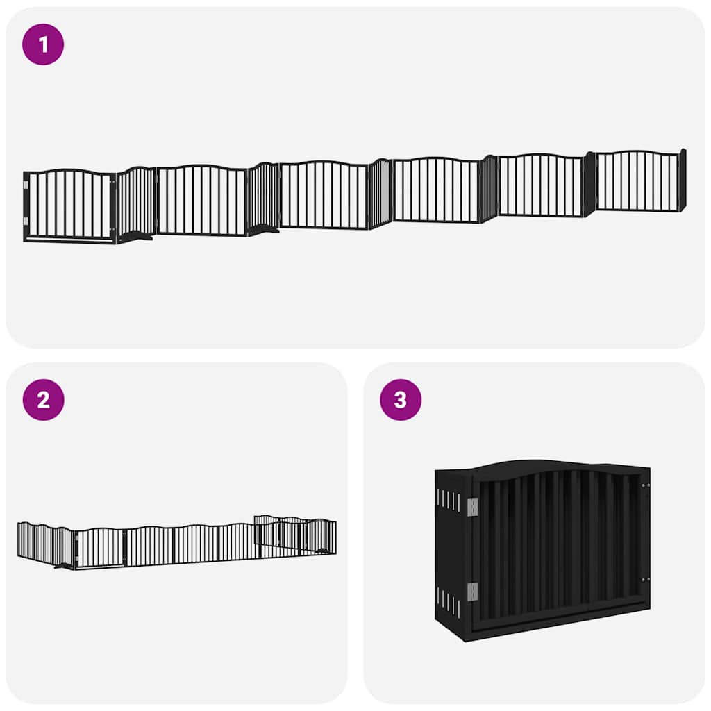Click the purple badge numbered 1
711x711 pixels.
click(x=43, y=44)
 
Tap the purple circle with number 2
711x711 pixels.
click(x=43, y=400)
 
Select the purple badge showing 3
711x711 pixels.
click(x=401, y=400)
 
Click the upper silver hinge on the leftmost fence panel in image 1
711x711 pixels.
click(x=26, y=185)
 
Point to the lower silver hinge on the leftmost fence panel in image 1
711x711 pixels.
click(x=26, y=221)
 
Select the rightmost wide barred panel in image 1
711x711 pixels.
click(x=637, y=181)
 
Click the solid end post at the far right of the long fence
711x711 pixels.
click(x=683, y=179)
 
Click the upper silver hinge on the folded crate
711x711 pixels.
click(x=473, y=507)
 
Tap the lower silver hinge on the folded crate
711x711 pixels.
click(x=473, y=592)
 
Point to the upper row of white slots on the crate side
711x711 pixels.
click(x=449, y=500)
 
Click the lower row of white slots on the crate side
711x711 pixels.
click(x=449, y=601)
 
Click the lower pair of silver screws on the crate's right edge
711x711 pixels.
click(x=646, y=578)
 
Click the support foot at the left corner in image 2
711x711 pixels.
click(x=64, y=566)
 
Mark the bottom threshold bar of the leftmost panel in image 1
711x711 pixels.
click(x=69, y=240)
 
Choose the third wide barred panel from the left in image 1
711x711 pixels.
click(x=324, y=195)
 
